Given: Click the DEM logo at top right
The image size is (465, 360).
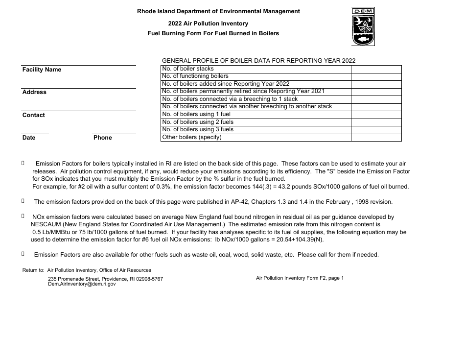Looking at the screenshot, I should point(363,27).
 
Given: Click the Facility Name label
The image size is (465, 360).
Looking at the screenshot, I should point(42,70).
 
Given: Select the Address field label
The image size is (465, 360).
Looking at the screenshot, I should point(34,93).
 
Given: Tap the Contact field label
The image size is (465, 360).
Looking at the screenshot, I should point(33,116).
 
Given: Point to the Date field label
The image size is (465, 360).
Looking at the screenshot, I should point(29,138).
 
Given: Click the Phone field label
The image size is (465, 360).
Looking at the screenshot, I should point(103,138).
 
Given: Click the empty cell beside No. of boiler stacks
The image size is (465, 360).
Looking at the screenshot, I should point(376,69).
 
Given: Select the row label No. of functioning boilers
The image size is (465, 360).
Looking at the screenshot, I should point(195,76).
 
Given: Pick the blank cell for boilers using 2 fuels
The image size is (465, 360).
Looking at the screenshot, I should point(376,122).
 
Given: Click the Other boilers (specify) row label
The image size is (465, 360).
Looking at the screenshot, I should point(191,138).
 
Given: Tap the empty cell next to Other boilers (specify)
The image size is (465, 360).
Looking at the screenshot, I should point(376,138).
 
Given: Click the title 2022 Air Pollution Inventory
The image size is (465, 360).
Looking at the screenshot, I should point(208,24).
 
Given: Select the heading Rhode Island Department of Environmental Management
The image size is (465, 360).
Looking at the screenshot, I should point(218,11).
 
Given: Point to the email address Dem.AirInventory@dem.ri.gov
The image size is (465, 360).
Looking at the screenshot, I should point(82,284).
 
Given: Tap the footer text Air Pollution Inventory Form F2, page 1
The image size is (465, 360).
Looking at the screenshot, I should point(300,278).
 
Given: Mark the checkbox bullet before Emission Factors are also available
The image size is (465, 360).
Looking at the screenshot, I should point(23,254).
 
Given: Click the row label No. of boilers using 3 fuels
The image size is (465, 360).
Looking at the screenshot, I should point(197,130).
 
